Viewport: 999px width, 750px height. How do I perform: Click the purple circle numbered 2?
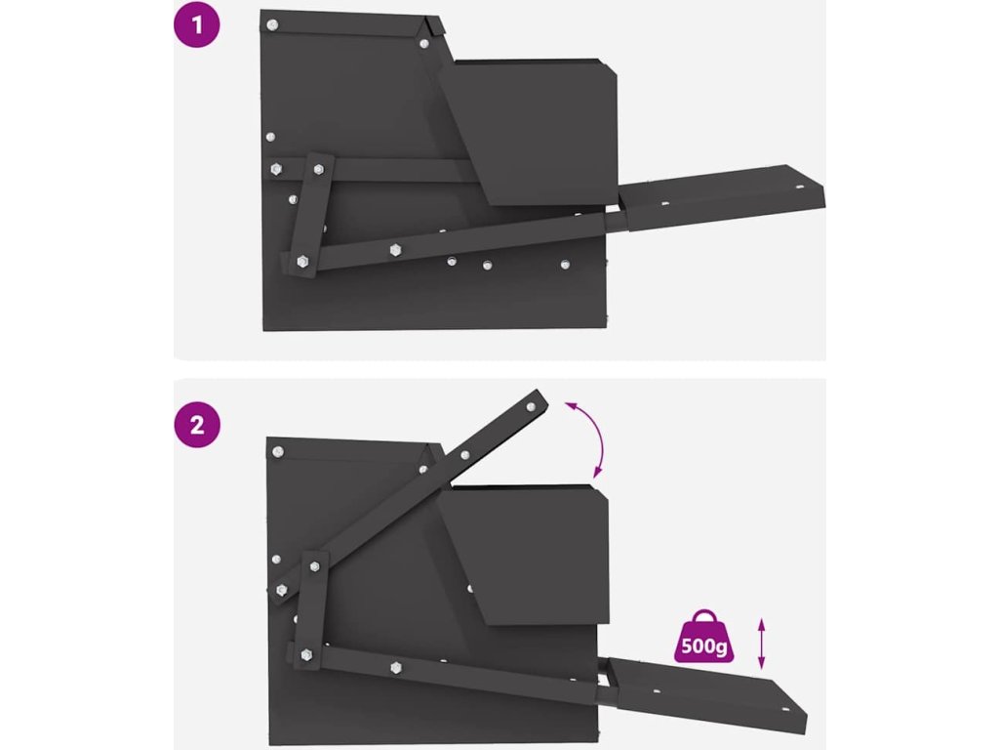tap(197, 424)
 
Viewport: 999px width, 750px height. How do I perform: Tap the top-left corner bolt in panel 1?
tap(272, 25)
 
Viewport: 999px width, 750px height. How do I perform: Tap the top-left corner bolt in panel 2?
tap(278, 451)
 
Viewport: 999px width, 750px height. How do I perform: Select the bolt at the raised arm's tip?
tap(531, 406)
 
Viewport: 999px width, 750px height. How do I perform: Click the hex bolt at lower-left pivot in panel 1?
tap(302, 261)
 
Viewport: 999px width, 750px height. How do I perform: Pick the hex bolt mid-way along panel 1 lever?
tap(396, 250)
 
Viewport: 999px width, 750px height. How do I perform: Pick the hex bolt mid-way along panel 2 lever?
tap(396, 668)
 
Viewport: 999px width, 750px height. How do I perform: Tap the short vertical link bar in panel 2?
tap(311, 610)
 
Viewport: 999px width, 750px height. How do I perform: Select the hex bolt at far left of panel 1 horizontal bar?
tap(276, 169)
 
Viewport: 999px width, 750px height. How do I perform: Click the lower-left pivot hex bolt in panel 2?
tap(306, 655)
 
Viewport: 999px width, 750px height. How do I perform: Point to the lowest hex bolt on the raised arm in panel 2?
tap(282, 590)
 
